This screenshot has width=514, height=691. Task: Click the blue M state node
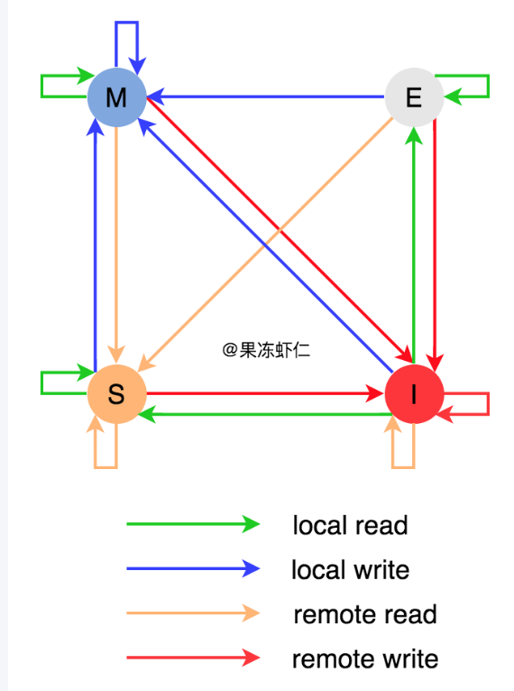(116, 97)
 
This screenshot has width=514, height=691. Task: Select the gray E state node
(414, 97)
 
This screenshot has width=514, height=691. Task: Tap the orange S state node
(116, 394)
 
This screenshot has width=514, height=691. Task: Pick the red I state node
(414, 394)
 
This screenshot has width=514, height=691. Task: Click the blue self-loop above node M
(127, 22)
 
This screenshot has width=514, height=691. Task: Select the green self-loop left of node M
(41, 86)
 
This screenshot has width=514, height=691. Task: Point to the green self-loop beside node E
(489, 87)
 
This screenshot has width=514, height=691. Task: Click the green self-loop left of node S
(41, 383)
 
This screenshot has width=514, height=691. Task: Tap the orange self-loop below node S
(106, 467)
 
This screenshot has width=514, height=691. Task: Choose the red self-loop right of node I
(489, 403)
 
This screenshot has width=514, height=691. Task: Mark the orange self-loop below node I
(403, 467)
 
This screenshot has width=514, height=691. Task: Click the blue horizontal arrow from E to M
(266, 97)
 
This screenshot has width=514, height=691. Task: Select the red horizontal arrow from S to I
(265, 393)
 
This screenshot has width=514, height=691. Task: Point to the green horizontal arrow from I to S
(265, 414)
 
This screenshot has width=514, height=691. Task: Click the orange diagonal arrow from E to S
(265, 244)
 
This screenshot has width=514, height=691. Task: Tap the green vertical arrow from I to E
(414, 245)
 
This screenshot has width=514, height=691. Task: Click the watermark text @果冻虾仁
(266, 350)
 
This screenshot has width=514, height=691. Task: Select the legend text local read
(351, 525)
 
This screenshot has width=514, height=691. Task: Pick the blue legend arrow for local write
(193, 568)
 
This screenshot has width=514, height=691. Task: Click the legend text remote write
(365, 659)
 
